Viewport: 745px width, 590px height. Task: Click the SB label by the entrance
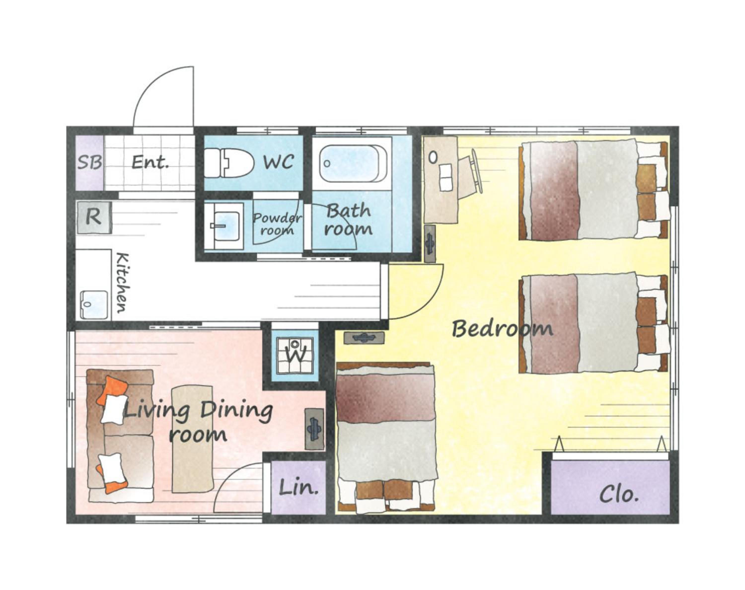(x=89, y=162)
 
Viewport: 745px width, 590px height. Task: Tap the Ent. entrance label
(x=150, y=162)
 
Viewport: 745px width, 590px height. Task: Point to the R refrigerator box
(x=94, y=217)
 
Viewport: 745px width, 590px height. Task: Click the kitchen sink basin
(x=94, y=304)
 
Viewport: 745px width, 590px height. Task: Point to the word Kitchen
(x=122, y=283)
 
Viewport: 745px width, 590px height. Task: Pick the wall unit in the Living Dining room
(x=315, y=429)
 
